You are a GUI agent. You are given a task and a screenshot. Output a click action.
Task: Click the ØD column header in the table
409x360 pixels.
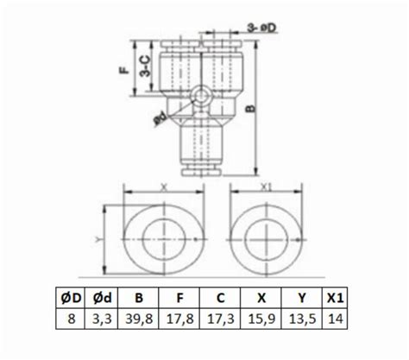[x=75, y=299]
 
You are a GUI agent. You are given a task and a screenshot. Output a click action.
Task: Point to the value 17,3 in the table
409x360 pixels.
[x=222, y=318]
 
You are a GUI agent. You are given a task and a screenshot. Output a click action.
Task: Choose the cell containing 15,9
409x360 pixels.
[x=260, y=318]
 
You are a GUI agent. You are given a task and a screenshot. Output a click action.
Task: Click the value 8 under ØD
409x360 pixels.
[x=75, y=318]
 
